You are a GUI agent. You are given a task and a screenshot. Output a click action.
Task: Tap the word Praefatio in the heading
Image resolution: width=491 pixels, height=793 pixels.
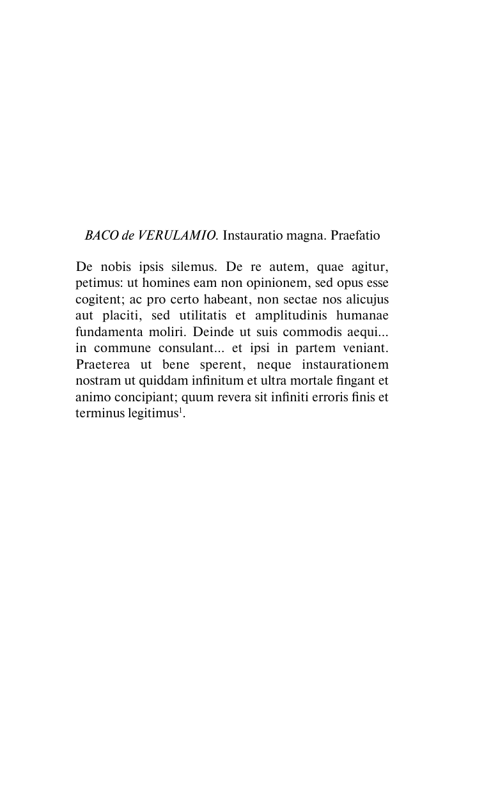click(355, 236)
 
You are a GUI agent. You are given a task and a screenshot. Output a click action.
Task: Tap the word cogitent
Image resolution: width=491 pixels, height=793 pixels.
click(98, 299)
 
